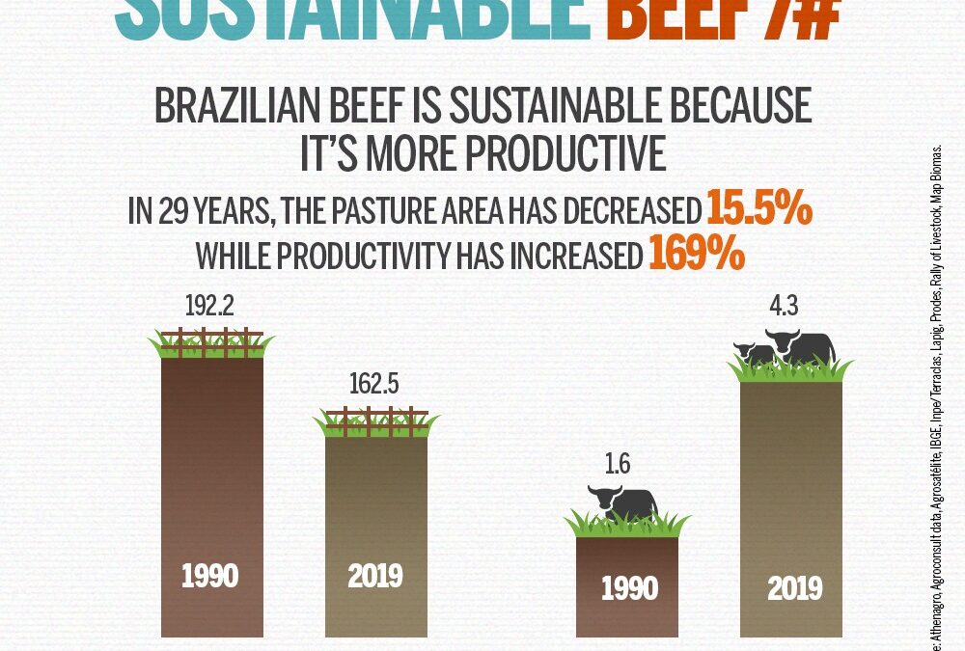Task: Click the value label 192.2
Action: pos(210,308)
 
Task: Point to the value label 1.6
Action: pos(618,465)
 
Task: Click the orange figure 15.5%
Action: pos(758,209)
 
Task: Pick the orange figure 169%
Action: pos(695,254)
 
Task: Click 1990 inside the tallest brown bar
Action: pos(210,577)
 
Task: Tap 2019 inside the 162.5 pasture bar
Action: pos(374,577)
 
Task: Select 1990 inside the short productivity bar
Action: pos(629,588)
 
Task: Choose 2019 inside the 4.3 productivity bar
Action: pos(794,588)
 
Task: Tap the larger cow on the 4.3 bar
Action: pos(801,347)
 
